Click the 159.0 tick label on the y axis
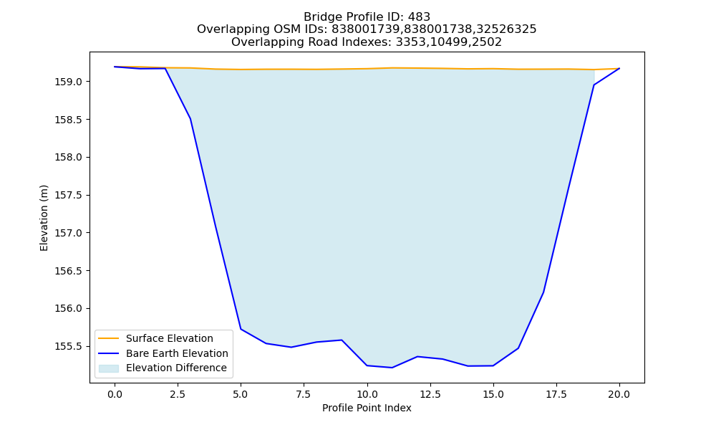tap(68, 82)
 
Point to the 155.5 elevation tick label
tap(68, 346)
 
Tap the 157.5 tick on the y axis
tap(68, 195)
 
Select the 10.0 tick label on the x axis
tap(367, 395)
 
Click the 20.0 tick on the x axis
tap(619, 395)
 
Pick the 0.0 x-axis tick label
tap(115, 395)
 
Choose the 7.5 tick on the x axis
tap(304, 395)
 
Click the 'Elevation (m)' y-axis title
tap(44, 218)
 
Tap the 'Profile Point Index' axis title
tap(367, 408)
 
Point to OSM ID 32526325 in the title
tap(506, 29)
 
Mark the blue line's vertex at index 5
tap(241, 329)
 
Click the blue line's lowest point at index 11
tap(392, 368)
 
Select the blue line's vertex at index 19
tap(594, 85)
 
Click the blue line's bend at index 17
tap(543, 292)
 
